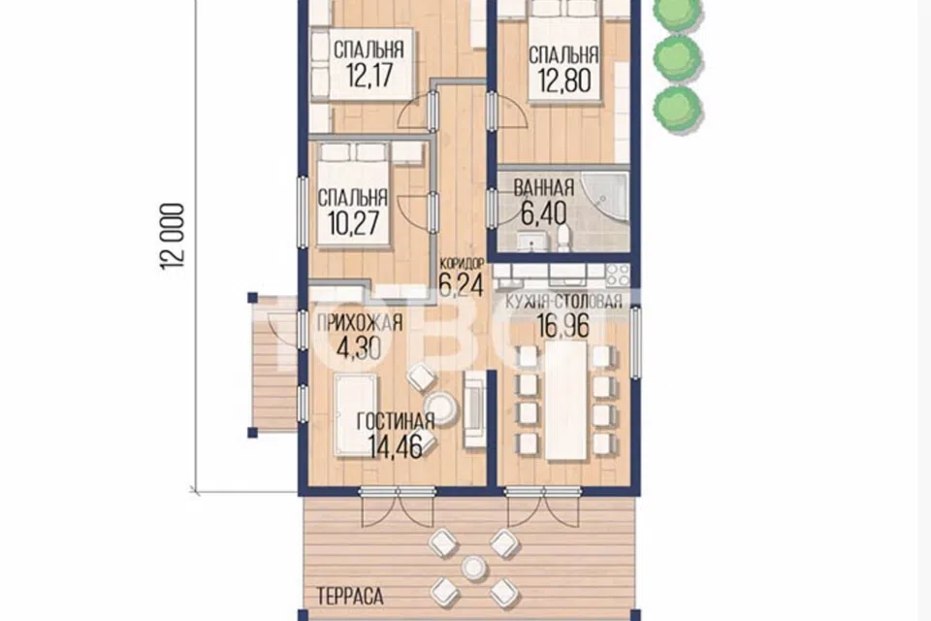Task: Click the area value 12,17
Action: coord(369,76)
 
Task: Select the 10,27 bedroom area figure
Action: coord(353,223)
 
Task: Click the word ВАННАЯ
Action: coord(543,188)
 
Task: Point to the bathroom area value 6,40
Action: coord(543,213)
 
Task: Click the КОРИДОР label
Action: coord(462,263)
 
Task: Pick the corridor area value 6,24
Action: coord(460,284)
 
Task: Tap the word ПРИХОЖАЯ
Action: coord(360,323)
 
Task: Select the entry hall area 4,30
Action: coord(358,347)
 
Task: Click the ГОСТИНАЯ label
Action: coord(396,421)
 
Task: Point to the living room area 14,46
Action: coord(395,446)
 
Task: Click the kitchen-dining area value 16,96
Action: coord(562,326)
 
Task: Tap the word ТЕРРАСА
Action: coord(350,596)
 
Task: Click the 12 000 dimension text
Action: coord(173,237)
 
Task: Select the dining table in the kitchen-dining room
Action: coord(565,401)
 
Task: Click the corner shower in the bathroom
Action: coord(604,199)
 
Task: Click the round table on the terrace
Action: coord(474,568)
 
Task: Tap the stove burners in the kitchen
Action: coord(617,276)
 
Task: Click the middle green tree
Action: coord(678,57)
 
